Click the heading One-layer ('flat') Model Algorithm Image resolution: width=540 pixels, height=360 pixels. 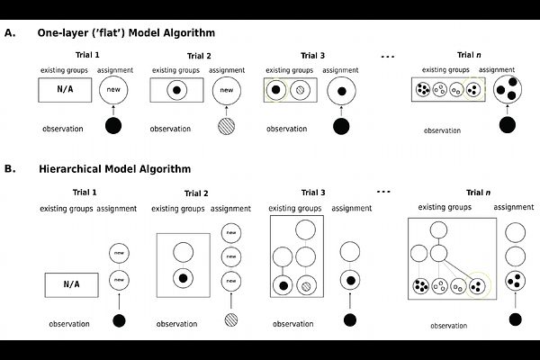point(125,33)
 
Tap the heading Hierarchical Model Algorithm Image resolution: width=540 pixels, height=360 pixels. point(115,168)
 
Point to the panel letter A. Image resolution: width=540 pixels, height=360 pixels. point(10,33)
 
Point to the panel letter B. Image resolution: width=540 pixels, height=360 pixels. point(10,168)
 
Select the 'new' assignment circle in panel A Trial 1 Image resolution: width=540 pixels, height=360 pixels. point(113,90)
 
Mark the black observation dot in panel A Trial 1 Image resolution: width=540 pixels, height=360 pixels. point(113,126)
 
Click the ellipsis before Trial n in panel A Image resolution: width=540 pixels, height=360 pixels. point(388,56)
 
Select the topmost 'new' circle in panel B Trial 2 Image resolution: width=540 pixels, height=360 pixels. point(231,233)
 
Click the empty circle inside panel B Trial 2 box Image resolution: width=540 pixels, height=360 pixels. point(183,253)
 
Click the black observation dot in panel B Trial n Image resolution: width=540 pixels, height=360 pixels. point(515,319)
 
